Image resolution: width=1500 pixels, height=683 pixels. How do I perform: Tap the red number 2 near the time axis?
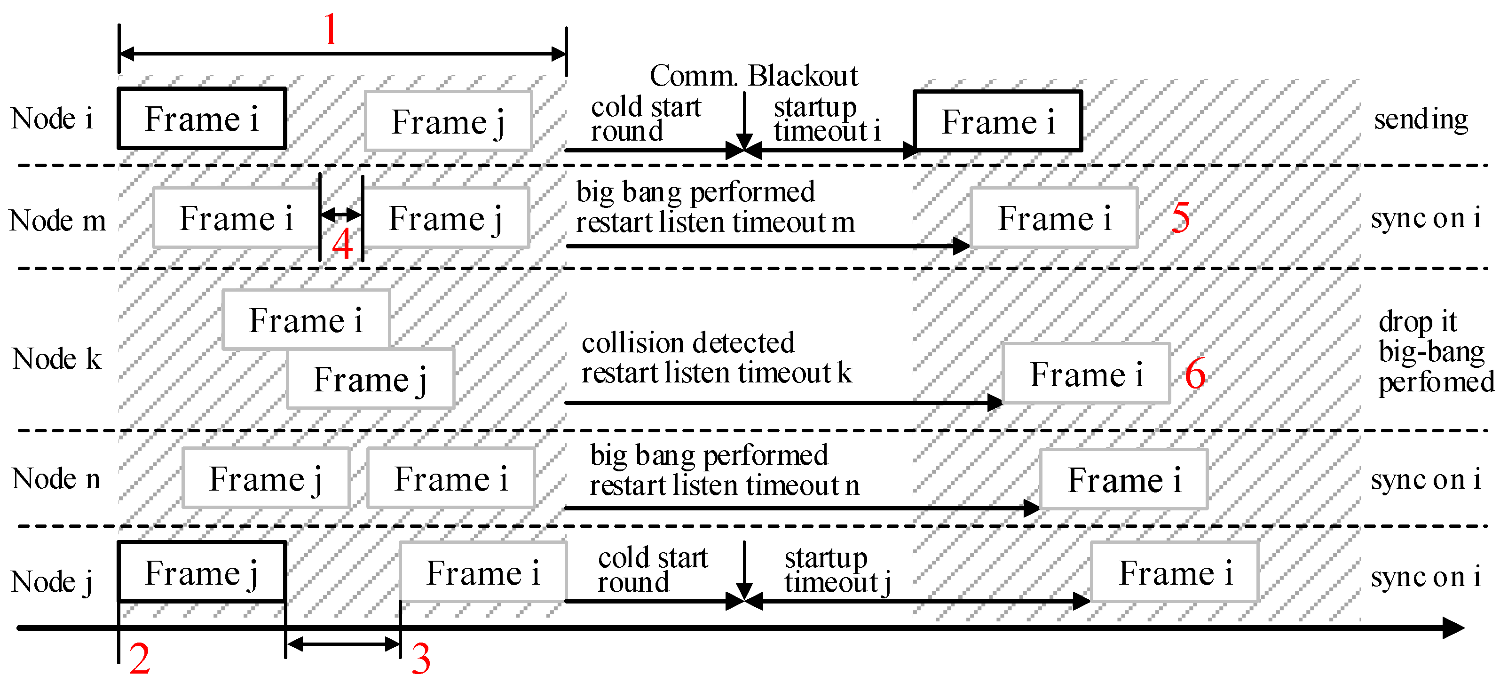[x=139, y=659]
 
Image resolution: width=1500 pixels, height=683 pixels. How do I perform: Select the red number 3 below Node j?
[x=421, y=659]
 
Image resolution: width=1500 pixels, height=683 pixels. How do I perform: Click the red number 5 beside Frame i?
[x=1180, y=218]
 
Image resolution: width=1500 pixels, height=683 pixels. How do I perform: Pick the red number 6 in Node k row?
[x=1195, y=374]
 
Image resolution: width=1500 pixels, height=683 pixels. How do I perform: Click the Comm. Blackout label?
[x=753, y=76]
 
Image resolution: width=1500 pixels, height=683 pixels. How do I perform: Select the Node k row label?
[x=56, y=359]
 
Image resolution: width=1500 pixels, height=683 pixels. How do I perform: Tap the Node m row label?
[x=58, y=221]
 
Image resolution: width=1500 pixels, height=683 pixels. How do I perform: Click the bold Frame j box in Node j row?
[x=201, y=572]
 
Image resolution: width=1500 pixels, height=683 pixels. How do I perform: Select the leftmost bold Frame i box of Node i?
[x=201, y=119]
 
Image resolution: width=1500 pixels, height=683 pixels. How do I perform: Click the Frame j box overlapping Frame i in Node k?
[x=371, y=379]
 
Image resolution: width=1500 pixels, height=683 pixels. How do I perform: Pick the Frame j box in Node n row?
[x=266, y=479]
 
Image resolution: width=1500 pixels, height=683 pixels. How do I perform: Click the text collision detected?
[x=687, y=342]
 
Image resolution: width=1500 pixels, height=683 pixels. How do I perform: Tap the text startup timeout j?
[x=837, y=570]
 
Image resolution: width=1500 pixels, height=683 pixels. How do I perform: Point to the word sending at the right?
[x=1421, y=119]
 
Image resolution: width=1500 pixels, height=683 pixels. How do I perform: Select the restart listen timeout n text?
[x=724, y=485]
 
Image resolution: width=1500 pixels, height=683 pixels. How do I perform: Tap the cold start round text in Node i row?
[x=645, y=119]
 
